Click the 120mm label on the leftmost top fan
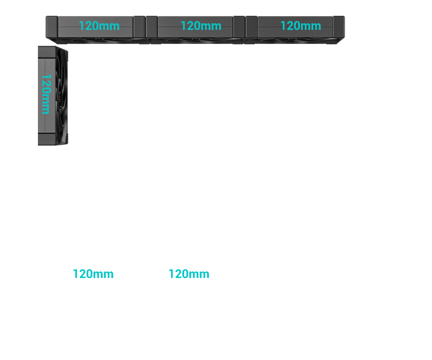coord(99,26)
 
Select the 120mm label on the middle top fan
coord(201,25)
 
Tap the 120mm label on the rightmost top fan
coord(300,25)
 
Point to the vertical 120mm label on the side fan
coord(45,94)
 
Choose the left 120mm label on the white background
coord(93,274)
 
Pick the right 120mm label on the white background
coord(189,274)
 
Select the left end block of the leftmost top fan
coord(52,25)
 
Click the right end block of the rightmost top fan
coord(339,25)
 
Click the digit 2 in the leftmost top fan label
coord(86,26)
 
